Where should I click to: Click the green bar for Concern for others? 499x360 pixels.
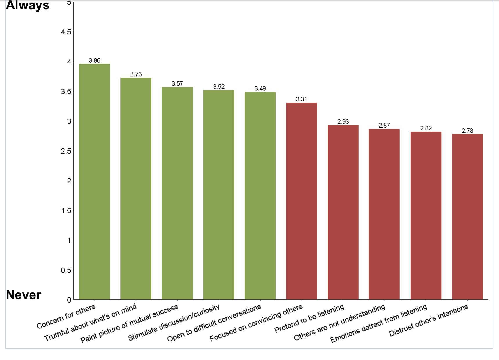(95, 181)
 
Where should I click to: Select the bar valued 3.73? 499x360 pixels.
(136, 188)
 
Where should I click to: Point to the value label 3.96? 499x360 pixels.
(95, 60)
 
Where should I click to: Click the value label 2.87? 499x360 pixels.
(384, 125)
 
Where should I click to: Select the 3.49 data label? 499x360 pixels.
(260, 88)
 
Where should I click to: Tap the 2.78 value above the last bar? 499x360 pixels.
(467, 131)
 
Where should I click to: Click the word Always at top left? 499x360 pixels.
(28, 5)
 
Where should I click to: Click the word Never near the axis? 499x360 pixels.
(23, 295)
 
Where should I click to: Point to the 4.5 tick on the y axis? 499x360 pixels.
(66, 32)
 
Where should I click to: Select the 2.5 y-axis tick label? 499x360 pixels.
(66, 151)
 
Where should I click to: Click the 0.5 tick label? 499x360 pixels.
(66, 270)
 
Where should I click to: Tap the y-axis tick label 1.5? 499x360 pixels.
(66, 211)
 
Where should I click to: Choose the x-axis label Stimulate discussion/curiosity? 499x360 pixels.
(173, 323)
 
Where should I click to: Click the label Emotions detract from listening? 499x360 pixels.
(379, 323)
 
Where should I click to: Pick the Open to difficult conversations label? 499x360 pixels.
(214, 323)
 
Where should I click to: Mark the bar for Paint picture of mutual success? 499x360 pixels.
(177, 193)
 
